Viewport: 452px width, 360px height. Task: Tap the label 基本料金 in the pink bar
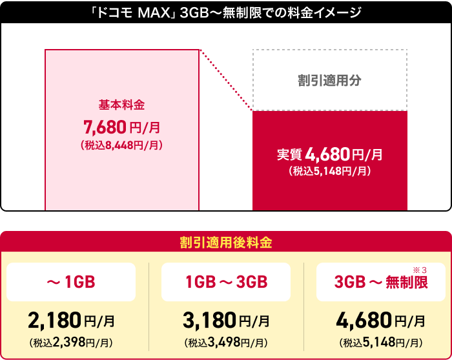[x=121, y=104]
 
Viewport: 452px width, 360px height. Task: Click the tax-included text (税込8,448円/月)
[x=121, y=145]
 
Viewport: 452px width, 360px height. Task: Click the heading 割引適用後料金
[x=225, y=243]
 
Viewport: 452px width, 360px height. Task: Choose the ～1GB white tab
[x=70, y=282]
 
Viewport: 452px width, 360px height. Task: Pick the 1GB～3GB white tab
[x=225, y=282]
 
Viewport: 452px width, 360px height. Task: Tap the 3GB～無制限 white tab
[x=381, y=283]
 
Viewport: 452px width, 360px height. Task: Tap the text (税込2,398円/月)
[x=71, y=341]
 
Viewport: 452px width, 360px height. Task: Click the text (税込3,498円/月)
[x=226, y=341]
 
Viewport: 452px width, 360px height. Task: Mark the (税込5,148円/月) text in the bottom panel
[x=381, y=341]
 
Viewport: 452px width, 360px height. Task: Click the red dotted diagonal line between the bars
[x=226, y=81]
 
